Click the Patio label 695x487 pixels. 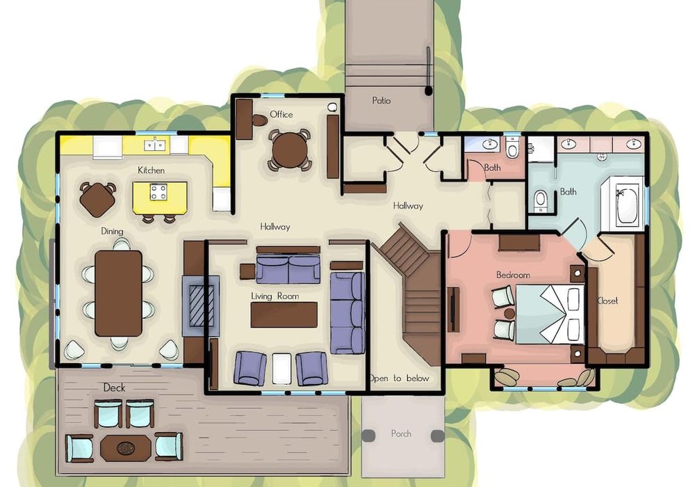[x=381, y=101]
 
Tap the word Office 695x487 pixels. [x=281, y=114]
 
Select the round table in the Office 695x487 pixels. [x=288, y=150]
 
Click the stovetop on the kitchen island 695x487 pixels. [x=158, y=192]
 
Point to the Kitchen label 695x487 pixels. [x=151, y=170]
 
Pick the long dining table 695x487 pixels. [x=119, y=294]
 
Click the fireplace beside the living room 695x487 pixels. [x=202, y=306]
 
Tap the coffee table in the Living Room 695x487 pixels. [x=284, y=315]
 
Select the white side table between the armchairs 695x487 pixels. [x=281, y=369]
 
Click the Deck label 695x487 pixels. [x=115, y=388]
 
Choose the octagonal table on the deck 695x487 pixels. [x=126, y=448]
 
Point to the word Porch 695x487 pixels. [x=401, y=433]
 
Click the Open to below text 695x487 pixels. [x=400, y=378]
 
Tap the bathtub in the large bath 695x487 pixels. [x=627, y=205]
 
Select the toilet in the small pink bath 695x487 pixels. [x=512, y=148]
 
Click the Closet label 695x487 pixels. [x=607, y=301]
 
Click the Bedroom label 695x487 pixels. [x=514, y=275]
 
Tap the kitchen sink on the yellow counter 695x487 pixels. [x=156, y=145]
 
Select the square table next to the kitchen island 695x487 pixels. [x=97, y=200]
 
